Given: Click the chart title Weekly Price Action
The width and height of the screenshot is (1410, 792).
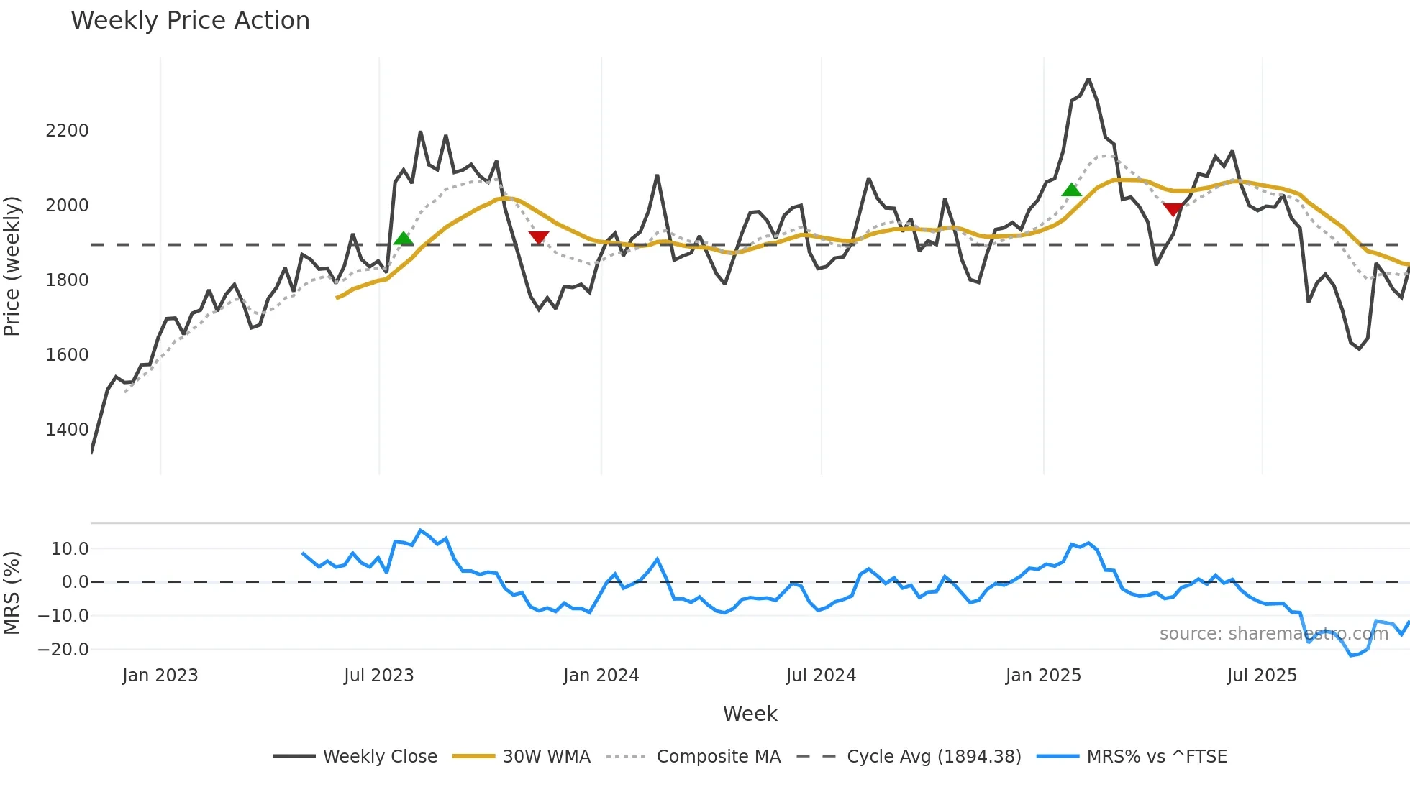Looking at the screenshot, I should (x=190, y=21).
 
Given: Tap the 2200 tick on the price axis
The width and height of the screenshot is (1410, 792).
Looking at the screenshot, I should (x=67, y=131).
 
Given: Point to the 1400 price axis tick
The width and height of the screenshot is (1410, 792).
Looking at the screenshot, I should (x=67, y=430).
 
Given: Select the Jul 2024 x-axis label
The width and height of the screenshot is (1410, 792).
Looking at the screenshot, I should (x=821, y=676).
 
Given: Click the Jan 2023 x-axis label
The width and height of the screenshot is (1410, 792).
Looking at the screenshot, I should (x=160, y=676).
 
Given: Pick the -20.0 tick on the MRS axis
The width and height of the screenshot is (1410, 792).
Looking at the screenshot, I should (x=63, y=650).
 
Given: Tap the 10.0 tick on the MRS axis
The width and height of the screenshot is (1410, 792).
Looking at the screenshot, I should (x=70, y=549).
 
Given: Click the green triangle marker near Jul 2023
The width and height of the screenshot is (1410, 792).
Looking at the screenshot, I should (x=404, y=239).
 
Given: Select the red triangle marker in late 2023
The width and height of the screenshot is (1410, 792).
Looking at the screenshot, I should (x=539, y=237).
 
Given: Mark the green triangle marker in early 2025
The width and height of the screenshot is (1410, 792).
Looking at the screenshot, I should (x=1071, y=190).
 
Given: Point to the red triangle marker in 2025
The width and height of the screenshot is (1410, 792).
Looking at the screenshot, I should (x=1173, y=209).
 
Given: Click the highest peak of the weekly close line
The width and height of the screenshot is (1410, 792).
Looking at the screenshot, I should (x=1088, y=79).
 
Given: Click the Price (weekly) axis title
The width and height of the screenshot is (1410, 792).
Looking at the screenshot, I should (x=12, y=266).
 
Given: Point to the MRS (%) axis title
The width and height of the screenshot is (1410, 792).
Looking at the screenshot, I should (x=12, y=593).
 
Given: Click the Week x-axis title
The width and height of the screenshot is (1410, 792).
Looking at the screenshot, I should (x=750, y=714).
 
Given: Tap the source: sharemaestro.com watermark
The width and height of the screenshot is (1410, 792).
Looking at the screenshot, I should (x=1273, y=634).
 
